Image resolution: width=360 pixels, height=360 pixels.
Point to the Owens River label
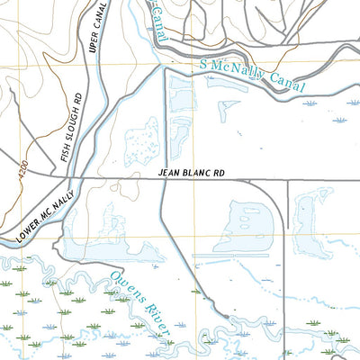(x=139, y=306)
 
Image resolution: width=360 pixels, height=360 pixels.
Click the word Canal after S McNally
(x=286, y=85)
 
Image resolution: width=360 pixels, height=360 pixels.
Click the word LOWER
(x=30, y=226)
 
